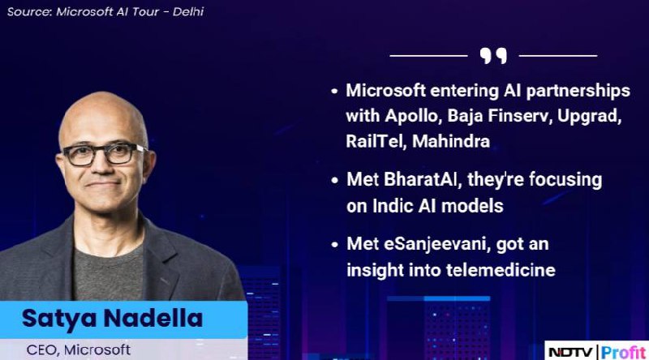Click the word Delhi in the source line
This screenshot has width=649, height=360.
(x=188, y=11)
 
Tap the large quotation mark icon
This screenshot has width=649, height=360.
(x=493, y=55)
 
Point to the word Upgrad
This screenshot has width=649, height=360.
(x=590, y=117)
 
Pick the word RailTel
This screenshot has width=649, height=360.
(x=376, y=142)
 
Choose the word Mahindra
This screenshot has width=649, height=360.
(x=451, y=142)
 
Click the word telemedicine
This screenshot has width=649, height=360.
(x=501, y=270)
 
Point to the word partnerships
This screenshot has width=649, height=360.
(x=578, y=91)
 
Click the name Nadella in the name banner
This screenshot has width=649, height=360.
(x=153, y=319)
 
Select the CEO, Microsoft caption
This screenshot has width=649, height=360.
(x=79, y=350)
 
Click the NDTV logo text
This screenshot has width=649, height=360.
(x=570, y=352)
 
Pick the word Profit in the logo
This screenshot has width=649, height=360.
(x=623, y=352)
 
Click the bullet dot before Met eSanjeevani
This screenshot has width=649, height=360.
(x=334, y=245)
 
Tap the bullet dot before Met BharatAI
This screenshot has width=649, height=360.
(x=334, y=181)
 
